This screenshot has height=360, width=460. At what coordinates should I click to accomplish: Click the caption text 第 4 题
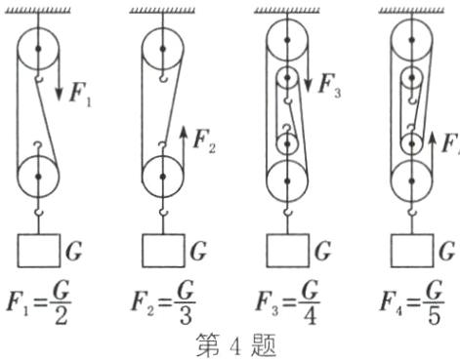coord(231,343)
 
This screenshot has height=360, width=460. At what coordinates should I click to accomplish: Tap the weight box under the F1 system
coord(39,251)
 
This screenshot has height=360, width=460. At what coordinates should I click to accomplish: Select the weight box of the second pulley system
coord(164,251)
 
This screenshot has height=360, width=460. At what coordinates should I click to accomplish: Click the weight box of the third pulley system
coord(287,251)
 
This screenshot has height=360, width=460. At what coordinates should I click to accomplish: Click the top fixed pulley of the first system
coord(39,43)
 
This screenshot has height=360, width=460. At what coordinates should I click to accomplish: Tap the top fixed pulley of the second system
coord(164,43)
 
